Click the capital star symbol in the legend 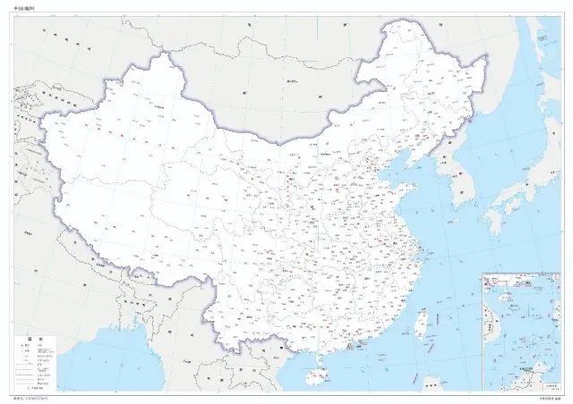[x=28, y=347]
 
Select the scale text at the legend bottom [x=36, y=390]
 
